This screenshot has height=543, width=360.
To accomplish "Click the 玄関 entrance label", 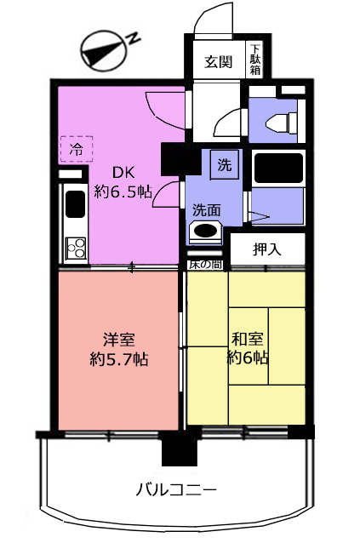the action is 218,61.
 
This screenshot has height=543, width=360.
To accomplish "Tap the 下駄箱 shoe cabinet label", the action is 255,60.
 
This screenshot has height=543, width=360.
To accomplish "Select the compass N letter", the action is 133,38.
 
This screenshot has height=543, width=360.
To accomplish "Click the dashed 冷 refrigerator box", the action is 77,149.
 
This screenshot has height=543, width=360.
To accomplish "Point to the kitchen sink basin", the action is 75,204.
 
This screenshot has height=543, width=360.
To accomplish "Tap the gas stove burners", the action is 76,249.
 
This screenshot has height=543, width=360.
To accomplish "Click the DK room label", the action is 123,172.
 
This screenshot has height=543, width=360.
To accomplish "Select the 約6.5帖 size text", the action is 123,191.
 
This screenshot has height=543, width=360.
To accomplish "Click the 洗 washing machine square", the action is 225,164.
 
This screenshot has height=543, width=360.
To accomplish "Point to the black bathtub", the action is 278,169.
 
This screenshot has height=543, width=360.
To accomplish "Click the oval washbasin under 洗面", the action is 206,231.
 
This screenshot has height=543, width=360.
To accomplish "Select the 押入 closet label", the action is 267,249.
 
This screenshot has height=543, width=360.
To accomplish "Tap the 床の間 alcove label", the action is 205,265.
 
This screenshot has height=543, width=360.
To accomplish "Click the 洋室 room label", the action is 119,340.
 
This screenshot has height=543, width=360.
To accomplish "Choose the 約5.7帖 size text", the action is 119,359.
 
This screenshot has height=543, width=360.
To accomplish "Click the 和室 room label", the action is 248,339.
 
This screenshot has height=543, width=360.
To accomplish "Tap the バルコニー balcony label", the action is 176,490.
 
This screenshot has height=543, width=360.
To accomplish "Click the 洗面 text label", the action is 206,210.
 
